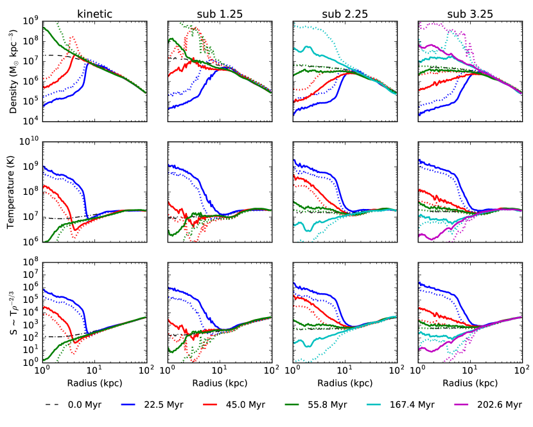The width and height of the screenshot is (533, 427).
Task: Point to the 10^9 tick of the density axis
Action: point(30,21)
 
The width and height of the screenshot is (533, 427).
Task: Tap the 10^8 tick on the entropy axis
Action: point(30,262)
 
